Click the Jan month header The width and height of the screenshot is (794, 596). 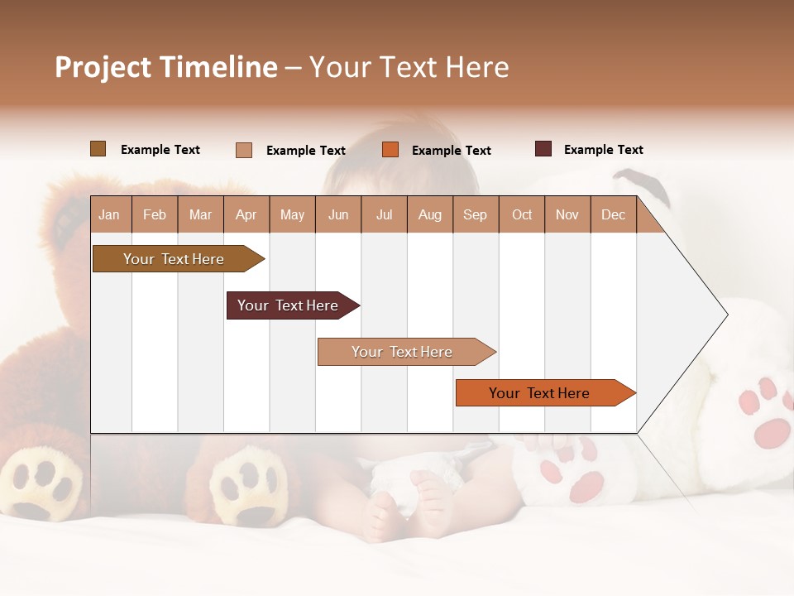(x=109, y=215)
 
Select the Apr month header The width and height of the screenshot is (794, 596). (x=246, y=215)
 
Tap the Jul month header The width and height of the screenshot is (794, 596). (x=384, y=215)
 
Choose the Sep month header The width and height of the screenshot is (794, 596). (x=475, y=215)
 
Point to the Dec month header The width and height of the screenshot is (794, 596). (x=613, y=215)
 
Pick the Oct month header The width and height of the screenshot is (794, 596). (x=522, y=215)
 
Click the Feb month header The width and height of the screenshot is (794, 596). (x=155, y=215)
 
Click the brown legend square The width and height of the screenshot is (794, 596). (x=98, y=149)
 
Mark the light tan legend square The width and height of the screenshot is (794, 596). (x=244, y=150)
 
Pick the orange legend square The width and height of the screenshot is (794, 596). (x=390, y=150)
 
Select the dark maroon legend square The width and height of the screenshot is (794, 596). (x=543, y=149)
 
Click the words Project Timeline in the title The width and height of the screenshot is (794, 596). (x=166, y=67)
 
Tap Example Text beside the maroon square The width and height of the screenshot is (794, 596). (x=603, y=150)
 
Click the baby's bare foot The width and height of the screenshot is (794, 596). (x=385, y=513)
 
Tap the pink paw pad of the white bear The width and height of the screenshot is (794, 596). (x=773, y=432)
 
